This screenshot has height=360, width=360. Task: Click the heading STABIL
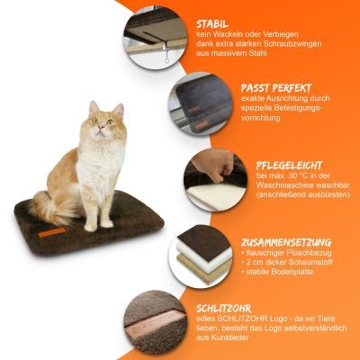click(212, 24)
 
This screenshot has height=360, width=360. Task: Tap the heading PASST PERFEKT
click(276, 88)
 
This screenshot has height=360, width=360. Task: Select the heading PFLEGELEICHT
click(289, 166)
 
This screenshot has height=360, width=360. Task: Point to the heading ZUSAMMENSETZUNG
click(286, 242)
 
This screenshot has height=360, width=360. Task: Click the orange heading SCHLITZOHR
click(223, 309)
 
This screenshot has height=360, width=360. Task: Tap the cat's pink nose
click(101, 127)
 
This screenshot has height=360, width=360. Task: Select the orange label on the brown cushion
click(52, 232)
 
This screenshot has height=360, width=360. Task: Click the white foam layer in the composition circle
click(204, 252)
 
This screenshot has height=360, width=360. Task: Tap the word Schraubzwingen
click(292, 44)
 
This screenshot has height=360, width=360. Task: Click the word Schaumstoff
click(310, 262)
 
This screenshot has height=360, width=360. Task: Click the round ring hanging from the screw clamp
click(166, 61)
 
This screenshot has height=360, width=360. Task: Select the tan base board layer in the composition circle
click(204, 267)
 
